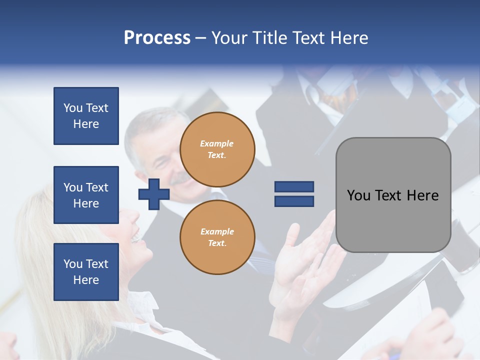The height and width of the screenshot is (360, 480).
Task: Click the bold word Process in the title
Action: pos(157,38)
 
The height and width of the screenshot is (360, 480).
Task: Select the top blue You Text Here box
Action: pos(86,116)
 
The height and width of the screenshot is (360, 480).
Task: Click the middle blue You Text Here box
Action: pos(86,195)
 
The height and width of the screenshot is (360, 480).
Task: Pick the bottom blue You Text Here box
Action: pos(86,271)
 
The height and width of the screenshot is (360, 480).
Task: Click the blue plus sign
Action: pos(153,194)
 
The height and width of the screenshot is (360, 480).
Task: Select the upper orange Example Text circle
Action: pos(217,149)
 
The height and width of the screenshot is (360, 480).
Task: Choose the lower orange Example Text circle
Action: pos(217,237)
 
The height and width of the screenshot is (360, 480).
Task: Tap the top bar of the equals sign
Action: pos(294,187)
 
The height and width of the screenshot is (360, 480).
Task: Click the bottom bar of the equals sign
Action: pos(294,201)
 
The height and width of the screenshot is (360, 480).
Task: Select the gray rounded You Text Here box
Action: pos(393,195)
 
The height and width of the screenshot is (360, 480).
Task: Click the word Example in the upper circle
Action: pos(216,144)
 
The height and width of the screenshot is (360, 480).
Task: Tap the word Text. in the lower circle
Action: pos(217,243)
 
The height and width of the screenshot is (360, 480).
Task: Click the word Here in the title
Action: pos(349,38)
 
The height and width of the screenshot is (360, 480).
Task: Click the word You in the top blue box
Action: pos(72,108)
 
